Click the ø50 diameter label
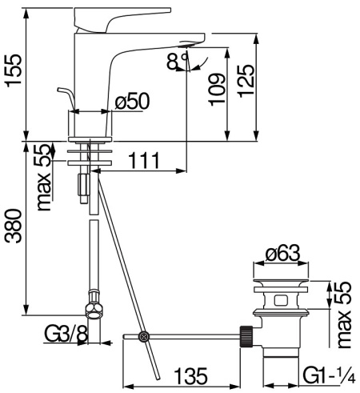pyautogui.click(x=133, y=102)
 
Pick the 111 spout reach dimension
pyautogui.click(x=145, y=162)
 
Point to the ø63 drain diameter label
pyautogui.click(x=283, y=255)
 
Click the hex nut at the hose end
pyautogui.click(x=95, y=309)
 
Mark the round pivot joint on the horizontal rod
pyautogui.click(x=144, y=338)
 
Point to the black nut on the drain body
pyautogui.click(x=249, y=336)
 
